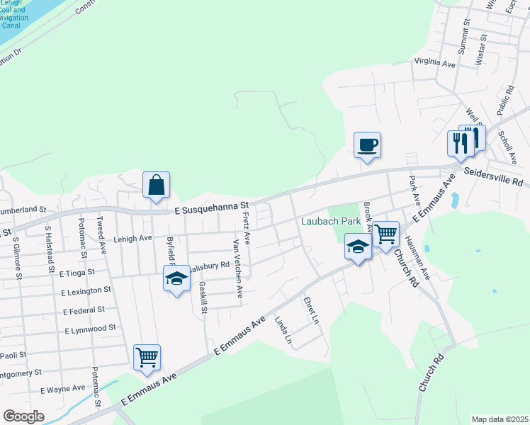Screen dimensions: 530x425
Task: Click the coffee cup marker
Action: (x=367, y=146)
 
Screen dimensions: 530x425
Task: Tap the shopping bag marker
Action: (x=156, y=186)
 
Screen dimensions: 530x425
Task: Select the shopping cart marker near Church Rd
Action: (x=385, y=234)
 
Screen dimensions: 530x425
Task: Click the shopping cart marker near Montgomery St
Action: (x=147, y=358)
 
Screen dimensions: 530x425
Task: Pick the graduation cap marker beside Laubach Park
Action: (x=358, y=249)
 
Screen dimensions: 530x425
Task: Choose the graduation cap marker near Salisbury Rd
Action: (x=176, y=279)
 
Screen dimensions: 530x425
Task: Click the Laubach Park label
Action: (x=331, y=221)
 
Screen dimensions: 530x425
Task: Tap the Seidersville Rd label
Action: (x=493, y=177)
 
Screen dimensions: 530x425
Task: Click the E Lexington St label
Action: (x=86, y=291)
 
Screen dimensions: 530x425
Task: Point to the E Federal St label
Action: (x=84, y=310)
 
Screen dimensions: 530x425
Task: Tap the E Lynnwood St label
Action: (x=90, y=329)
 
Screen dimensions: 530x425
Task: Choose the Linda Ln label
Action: (x=283, y=330)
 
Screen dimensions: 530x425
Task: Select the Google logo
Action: (x=23, y=416)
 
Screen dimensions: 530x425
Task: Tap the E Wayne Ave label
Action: (x=62, y=389)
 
